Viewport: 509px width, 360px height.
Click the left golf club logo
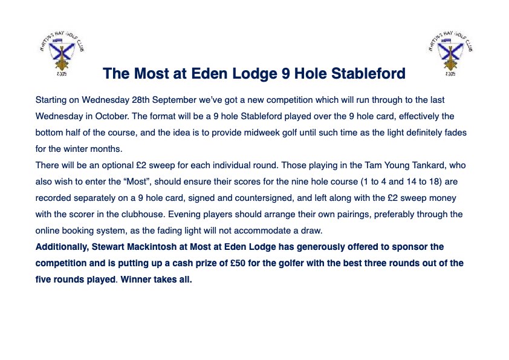(x=62, y=53)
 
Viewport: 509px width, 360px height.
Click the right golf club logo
(x=450, y=53)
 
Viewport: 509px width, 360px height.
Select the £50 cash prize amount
(x=238, y=263)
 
